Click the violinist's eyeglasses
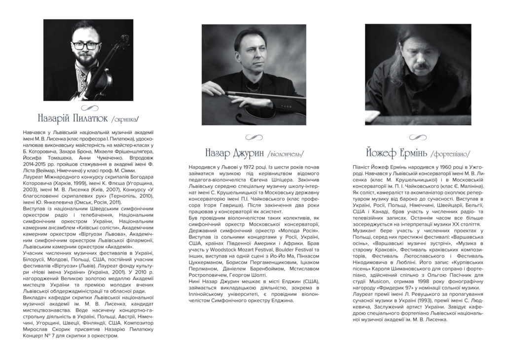[x=85, y=45]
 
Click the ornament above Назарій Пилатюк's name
[x=89, y=108]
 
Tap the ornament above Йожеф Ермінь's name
[x=418, y=138]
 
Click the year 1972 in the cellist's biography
[x=235, y=168]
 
